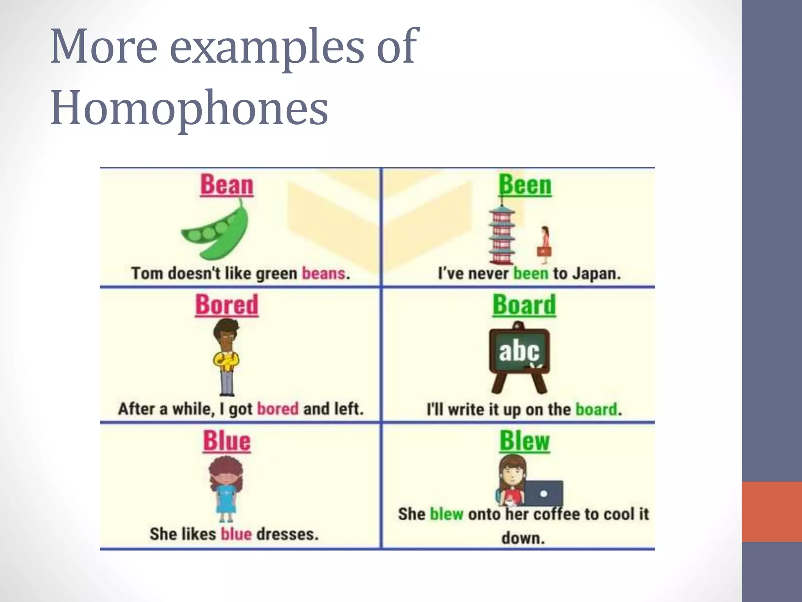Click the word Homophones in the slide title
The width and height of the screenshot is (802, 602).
tap(189, 108)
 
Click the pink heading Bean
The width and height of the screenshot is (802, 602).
tap(227, 185)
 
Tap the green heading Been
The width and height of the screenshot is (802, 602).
tap(525, 185)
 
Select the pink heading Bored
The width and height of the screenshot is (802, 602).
tap(227, 305)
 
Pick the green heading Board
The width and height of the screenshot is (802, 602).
tap(524, 305)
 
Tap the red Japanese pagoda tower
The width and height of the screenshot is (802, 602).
tap(501, 235)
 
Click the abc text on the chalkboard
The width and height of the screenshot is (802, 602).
tap(519, 351)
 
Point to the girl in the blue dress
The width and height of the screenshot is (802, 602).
tap(226, 490)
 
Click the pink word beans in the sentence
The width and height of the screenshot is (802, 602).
tap(323, 273)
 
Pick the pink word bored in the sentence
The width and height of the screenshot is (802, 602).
tap(278, 409)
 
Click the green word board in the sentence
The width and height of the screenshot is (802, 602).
tap(596, 410)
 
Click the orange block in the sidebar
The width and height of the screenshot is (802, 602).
tap(771, 511)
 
